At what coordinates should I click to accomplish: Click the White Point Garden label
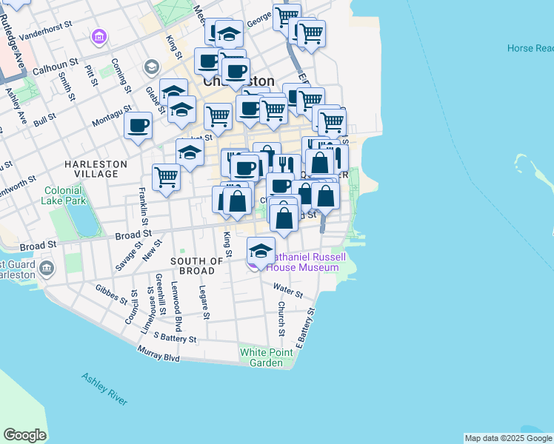coord(261,357)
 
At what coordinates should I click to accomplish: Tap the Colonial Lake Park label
coord(64,195)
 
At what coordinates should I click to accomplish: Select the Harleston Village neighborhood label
coord(96,169)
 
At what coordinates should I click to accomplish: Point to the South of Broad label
coord(197,266)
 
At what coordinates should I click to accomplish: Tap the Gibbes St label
coord(111,295)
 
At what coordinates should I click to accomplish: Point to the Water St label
coord(287,289)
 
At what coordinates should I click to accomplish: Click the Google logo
coord(24,435)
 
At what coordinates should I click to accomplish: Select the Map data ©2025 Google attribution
coord(508,438)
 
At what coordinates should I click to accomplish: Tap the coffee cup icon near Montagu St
coord(138,125)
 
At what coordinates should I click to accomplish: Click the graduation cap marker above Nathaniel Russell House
coord(260,249)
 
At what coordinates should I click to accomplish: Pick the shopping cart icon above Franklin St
coord(167,177)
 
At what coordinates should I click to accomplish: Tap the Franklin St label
coord(143,207)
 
